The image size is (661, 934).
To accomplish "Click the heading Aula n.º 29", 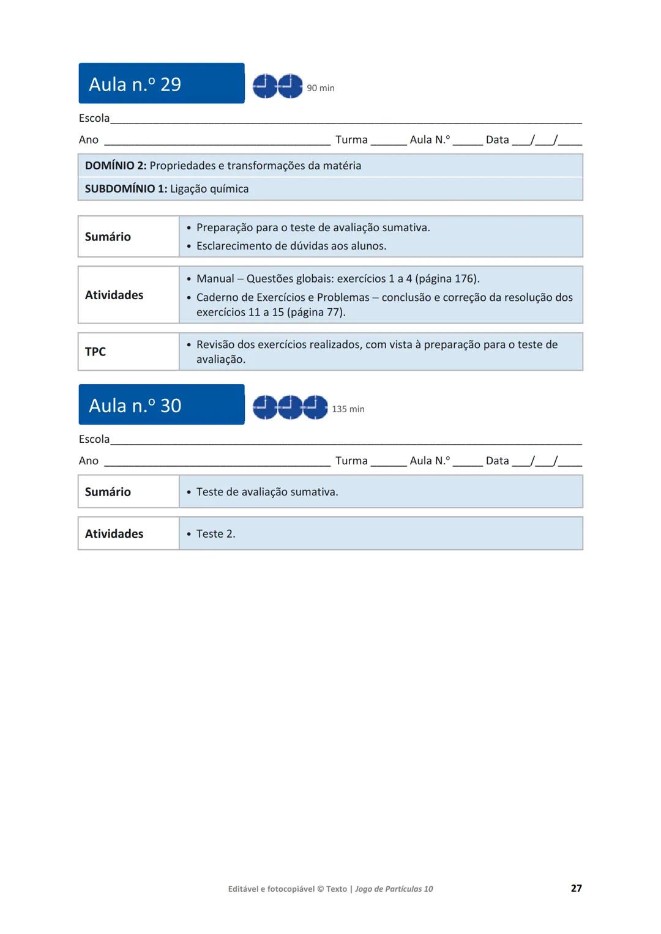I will pos(135,84).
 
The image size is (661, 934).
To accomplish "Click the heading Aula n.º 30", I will pos(135,406).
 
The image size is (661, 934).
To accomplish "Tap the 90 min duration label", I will pos(320,88).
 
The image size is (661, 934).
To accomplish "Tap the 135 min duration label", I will pos(348,409).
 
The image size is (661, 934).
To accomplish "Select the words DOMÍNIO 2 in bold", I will pos(115,166).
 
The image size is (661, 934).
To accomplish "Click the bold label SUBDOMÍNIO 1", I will pos(125,189).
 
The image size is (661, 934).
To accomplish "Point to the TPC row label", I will pos(95,352).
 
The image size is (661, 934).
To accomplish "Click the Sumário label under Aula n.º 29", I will pos(108,237).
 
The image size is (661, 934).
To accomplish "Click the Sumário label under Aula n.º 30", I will pos(108,492).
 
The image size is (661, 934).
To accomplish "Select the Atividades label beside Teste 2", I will pos(114,534).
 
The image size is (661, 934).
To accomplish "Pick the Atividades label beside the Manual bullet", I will pos(114,295).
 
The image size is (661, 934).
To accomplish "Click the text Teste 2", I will pos(215,534).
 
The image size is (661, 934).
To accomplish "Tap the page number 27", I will pos(576,888).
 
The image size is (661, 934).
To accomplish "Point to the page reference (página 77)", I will pos(316,313).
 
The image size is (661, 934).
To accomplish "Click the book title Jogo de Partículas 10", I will pos(394,889).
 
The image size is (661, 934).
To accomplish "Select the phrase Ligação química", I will pos(209,189).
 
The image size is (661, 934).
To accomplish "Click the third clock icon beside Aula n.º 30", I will pos(315,407).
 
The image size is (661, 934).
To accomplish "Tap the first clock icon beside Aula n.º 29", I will pos(265,86).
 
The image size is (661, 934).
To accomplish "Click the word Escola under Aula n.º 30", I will pos(94,439).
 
